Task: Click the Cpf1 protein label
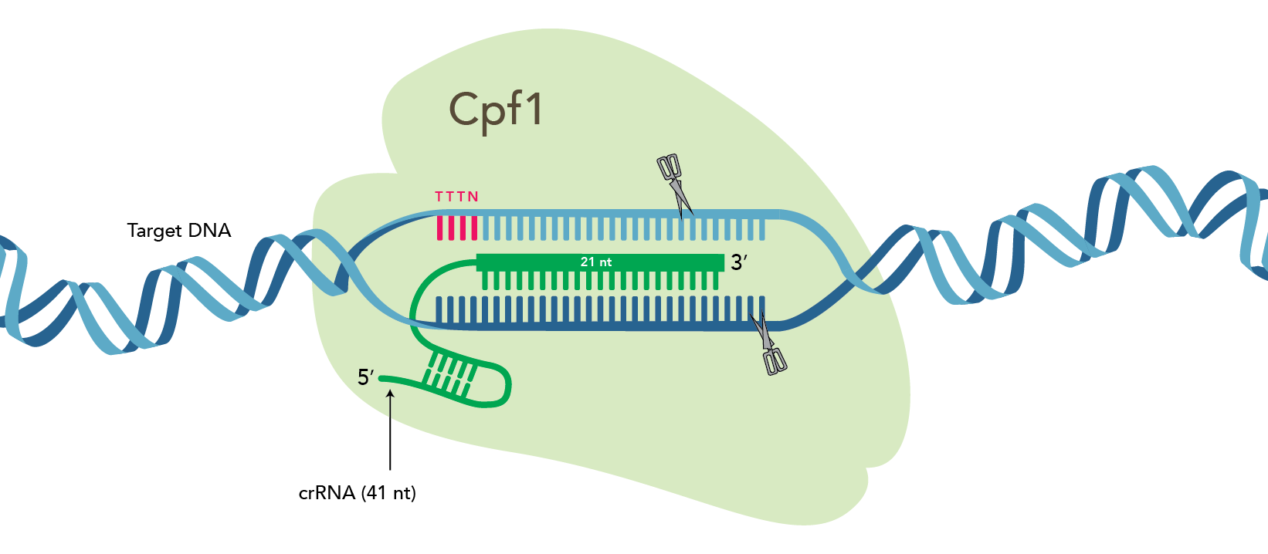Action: point(496,111)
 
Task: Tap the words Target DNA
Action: point(179,231)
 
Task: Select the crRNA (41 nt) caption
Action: point(358,493)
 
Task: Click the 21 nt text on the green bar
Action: point(596,262)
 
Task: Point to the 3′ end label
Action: point(739,262)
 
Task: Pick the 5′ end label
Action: point(366,377)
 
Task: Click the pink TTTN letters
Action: point(457,196)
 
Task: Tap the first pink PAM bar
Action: point(439,228)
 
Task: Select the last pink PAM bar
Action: point(474,228)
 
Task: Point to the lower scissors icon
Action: point(768,344)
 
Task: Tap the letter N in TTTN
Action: point(473,196)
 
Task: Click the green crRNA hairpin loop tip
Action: point(508,387)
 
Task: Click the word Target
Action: point(154,231)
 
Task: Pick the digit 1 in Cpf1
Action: point(535,109)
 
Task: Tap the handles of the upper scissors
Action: point(668,167)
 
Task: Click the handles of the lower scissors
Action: point(775,362)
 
